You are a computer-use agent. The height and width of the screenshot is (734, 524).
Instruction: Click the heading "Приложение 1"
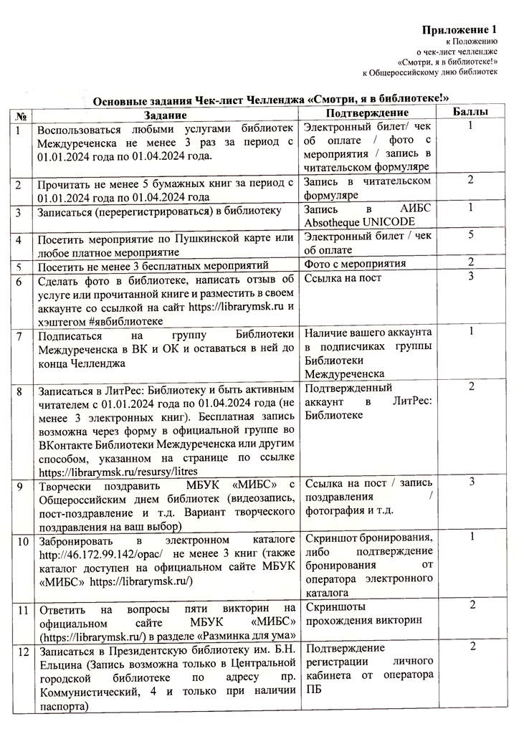(459, 29)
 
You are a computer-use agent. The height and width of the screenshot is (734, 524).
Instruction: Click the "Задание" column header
(165, 115)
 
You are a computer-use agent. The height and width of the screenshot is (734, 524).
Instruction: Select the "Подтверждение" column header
(367, 114)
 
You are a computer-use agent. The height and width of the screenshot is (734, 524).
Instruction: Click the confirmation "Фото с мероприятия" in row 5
(355, 263)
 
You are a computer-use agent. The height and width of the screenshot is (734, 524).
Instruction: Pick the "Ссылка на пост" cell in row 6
(343, 278)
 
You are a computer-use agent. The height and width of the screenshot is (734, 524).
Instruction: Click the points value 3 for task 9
(472, 482)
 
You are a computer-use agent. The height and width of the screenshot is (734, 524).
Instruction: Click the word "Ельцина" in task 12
(59, 664)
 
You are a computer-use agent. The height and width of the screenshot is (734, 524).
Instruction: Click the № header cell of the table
(24, 115)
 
